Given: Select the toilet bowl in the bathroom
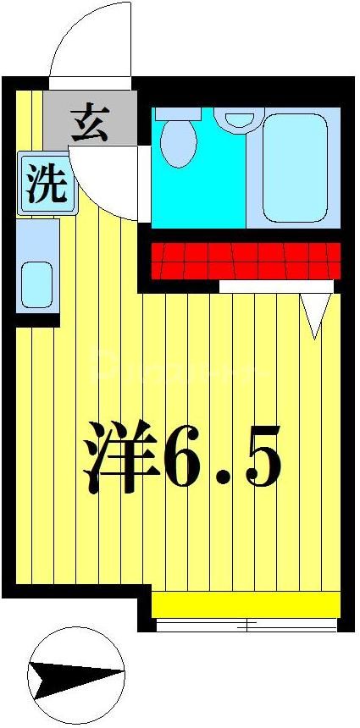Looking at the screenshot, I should tap(178, 141).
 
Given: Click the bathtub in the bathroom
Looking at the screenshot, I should tap(294, 166).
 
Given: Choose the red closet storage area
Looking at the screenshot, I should tap(246, 260).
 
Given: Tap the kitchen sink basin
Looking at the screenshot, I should tap(36, 284).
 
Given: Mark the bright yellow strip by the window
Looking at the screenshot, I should tap(246, 604).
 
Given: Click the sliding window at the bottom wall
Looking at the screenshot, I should tap(246, 626).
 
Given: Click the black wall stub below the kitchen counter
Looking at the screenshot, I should tap(36, 320).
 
